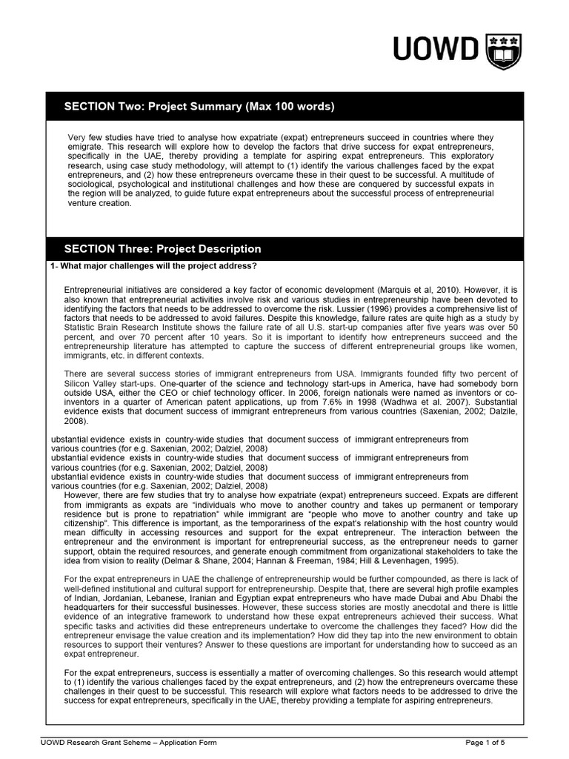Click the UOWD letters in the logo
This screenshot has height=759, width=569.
tap(436, 52)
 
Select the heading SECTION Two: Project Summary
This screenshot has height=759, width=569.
tap(199, 107)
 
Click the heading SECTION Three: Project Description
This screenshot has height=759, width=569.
tap(162, 249)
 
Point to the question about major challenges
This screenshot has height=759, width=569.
tap(153, 267)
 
